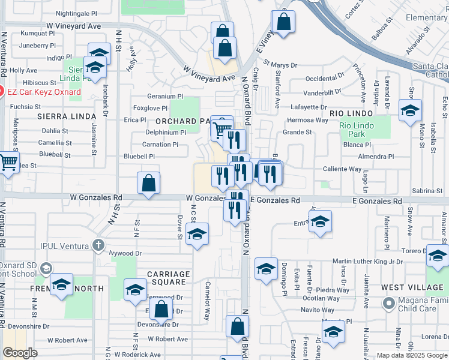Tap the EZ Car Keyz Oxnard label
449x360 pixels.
[x=44, y=92]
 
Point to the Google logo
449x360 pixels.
[x=20, y=353]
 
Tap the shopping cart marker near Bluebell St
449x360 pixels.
[x=8, y=162]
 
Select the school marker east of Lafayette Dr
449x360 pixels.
[x=411, y=111]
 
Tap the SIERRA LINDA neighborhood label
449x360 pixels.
[x=66, y=116]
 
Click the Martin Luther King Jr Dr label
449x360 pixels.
[x=368, y=261]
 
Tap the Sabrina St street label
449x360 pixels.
[x=427, y=190]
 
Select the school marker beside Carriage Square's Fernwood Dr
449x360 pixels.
[x=136, y=290]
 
